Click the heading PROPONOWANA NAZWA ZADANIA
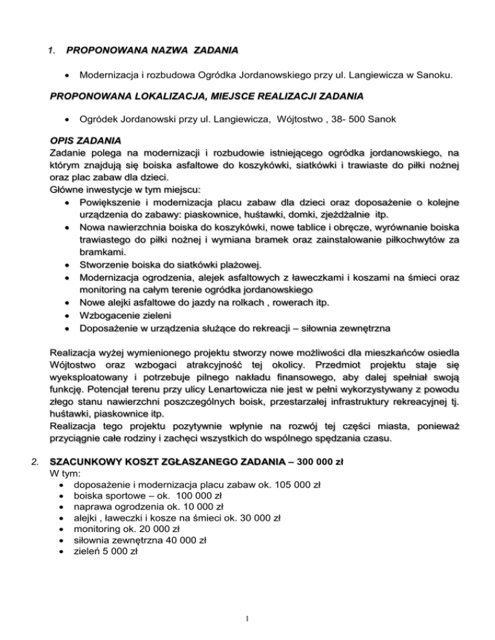pyautogui.click(x=151, y=50)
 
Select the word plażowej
pyautogui.click(x=240, y=264)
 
